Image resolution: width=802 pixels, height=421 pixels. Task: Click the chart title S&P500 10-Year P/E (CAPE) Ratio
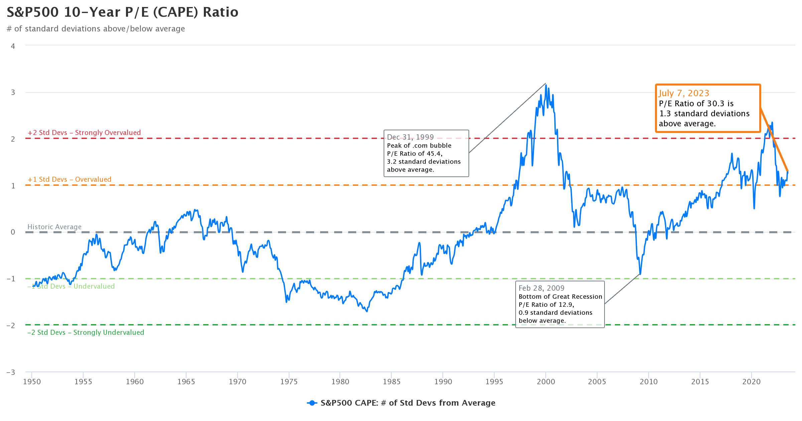point(122,12)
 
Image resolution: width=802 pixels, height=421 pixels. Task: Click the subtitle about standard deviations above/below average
point(96,29)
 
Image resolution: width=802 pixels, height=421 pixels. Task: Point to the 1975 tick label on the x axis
point(289,382)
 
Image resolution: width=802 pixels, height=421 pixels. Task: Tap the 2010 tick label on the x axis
point(648,382)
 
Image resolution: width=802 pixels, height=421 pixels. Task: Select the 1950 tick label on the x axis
point(32,382)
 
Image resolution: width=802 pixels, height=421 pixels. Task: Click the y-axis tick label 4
point(13,46)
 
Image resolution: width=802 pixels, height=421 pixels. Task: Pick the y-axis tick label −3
point(11,372)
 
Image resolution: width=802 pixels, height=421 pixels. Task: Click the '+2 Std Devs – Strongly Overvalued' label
point(84,133)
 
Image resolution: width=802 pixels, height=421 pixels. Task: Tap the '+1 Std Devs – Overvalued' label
point(70,179)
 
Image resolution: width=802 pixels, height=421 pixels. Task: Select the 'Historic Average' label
point(54,227)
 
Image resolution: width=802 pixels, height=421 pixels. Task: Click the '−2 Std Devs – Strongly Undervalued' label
point(86,332)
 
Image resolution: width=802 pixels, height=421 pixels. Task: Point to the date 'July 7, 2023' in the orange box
point(684,93)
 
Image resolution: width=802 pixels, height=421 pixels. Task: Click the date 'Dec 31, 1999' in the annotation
point(410,137)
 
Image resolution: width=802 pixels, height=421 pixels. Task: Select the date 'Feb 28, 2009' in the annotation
point(541,288)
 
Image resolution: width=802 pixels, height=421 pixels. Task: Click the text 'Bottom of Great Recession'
point(560,296)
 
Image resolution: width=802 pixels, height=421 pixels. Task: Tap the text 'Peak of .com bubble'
point(419,145)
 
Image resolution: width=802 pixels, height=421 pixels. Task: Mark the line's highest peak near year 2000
point(546,85)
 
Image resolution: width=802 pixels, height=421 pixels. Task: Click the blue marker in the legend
point(312,403)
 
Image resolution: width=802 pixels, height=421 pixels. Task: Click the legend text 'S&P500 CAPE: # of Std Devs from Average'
point(408,403)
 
